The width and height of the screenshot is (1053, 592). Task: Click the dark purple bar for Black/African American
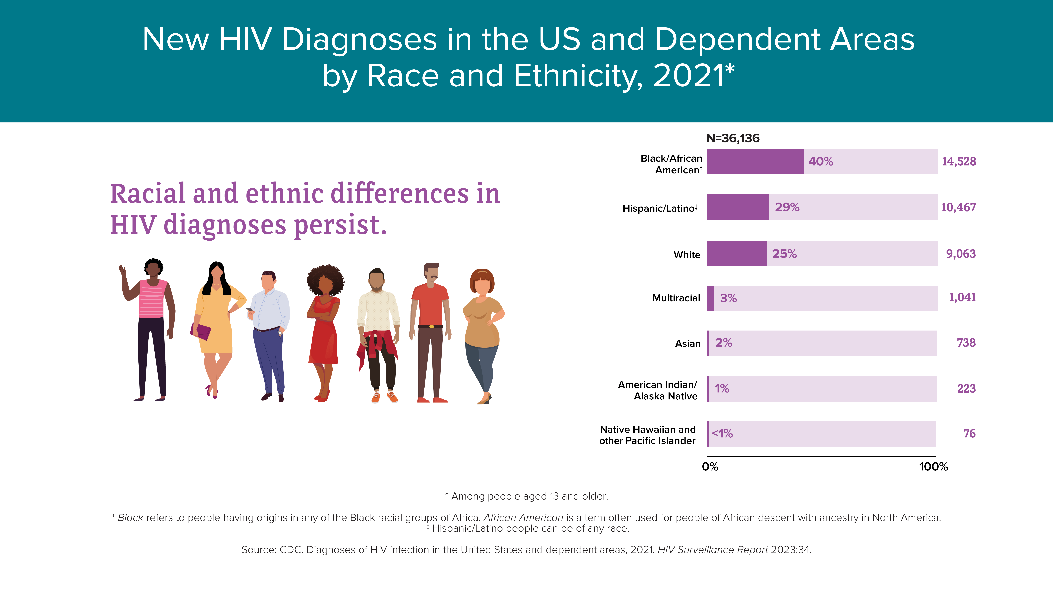point(755,161)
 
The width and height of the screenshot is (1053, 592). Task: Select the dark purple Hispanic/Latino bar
point(738,207)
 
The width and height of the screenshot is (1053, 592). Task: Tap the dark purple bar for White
point(737,253)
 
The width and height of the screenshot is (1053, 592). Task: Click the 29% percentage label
point(787,207)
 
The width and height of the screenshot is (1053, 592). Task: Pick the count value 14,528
point(959,161)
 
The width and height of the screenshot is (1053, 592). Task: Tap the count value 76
point(969,434)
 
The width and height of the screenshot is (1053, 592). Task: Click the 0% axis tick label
point(710,467)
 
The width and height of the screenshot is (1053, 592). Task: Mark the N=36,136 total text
point(733,138)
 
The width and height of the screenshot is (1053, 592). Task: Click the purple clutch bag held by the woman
point(200,331)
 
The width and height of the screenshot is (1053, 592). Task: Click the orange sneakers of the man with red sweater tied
point(384,397)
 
